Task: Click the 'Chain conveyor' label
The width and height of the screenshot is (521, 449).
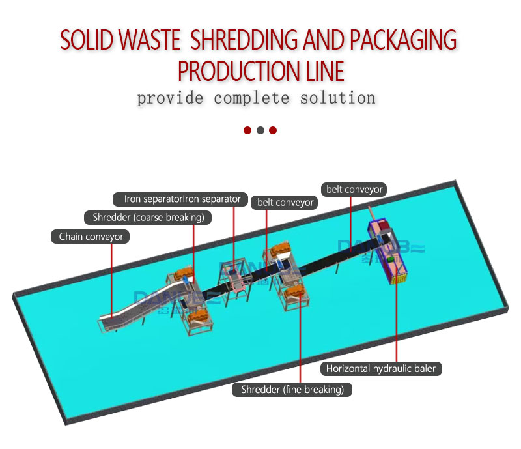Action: (x=91, y=237)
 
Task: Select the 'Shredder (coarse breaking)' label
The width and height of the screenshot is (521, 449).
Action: (x=148, y=217)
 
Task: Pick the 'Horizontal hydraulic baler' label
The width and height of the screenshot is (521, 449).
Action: (x=381, y=369)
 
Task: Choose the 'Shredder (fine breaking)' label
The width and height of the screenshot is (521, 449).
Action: (x=292, y=390)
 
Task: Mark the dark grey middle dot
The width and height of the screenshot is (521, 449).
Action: (x=260, y=130)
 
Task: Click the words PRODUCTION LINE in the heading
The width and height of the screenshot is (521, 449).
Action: (x=260, y=70)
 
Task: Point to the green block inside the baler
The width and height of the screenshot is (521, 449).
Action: (x=390, y=259)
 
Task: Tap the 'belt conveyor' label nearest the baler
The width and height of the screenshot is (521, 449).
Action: (x=354, y=190)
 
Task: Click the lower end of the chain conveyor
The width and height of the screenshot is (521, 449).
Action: (x=108, y=323)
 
